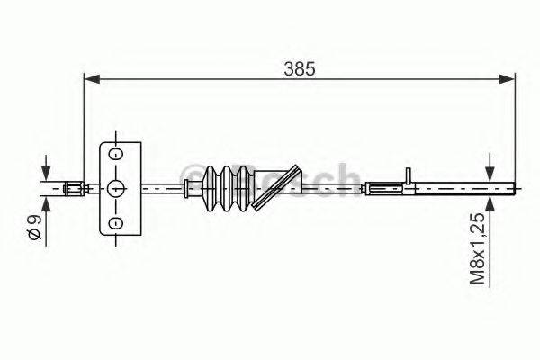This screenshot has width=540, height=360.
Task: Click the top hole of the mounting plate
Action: coord(116,155)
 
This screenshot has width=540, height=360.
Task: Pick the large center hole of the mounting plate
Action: coord(116,188)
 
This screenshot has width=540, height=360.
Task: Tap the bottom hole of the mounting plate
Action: coord(116,221)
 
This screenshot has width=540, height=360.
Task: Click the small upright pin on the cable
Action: coord(408,177)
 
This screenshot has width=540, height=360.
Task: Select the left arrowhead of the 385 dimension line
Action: coord(91,80)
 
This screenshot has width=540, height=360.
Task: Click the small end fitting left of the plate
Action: coord(74,188)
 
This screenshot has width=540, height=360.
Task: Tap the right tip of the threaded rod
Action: coord(514,188)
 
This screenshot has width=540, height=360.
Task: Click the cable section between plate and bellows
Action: coord(162,188)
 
